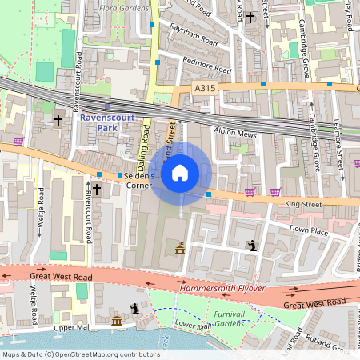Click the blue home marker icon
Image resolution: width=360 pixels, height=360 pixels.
coord(180,172)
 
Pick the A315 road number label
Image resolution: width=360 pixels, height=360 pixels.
coord(205,89)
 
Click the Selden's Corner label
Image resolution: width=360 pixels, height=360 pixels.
coord(138,180)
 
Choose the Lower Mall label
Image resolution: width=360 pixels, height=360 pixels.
coord(192,326)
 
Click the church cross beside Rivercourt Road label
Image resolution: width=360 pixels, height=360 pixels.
coord(97,190)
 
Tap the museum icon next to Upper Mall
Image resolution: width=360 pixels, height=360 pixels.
coord(117,321)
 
